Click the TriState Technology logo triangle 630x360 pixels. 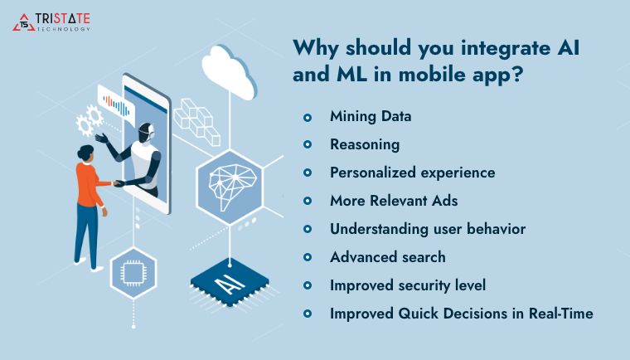tap(23, 22)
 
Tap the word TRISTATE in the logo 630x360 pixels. tap(64, 17)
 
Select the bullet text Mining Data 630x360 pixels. tap(370, 116)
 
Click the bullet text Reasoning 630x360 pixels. tap(365, 144)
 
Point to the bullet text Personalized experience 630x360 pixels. tap(412, 173)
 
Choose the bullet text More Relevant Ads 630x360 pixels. tap(394, 201)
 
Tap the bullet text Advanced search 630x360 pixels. tap(387, 257)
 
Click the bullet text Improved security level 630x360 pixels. tap(408, 285)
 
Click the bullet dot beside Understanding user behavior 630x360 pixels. tap(308, 229)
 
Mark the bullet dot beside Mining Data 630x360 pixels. tap(308, 117)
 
